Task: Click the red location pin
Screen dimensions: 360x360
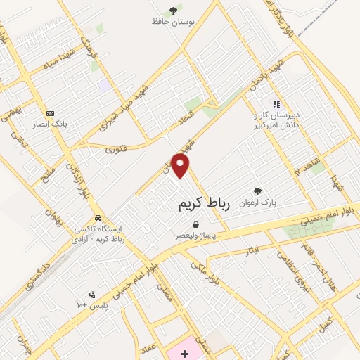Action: (x=181, y=165)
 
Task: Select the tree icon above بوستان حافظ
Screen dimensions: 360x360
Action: (x=173, y=10)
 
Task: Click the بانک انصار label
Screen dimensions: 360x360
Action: (x=51, y=124)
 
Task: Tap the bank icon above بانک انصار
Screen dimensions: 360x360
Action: (x=50, y=113)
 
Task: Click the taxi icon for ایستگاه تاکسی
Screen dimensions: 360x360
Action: (x=98, y=219)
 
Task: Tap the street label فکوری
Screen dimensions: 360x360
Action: (x=116, y=149)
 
